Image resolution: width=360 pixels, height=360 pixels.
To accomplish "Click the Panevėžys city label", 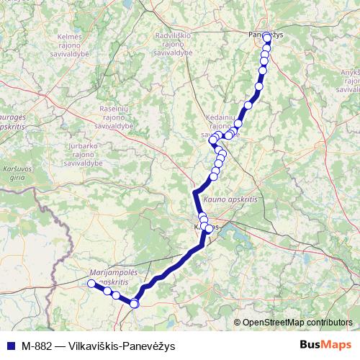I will [266, 33].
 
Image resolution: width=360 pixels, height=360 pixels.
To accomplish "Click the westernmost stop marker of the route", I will [91, 284].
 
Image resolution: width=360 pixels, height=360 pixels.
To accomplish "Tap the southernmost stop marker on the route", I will [134, 304].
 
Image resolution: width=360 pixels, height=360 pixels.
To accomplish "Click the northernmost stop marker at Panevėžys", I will [267, 37].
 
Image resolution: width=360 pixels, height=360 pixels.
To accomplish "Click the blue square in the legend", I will [9, 345].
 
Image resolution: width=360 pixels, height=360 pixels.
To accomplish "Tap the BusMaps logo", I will [325, 345].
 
